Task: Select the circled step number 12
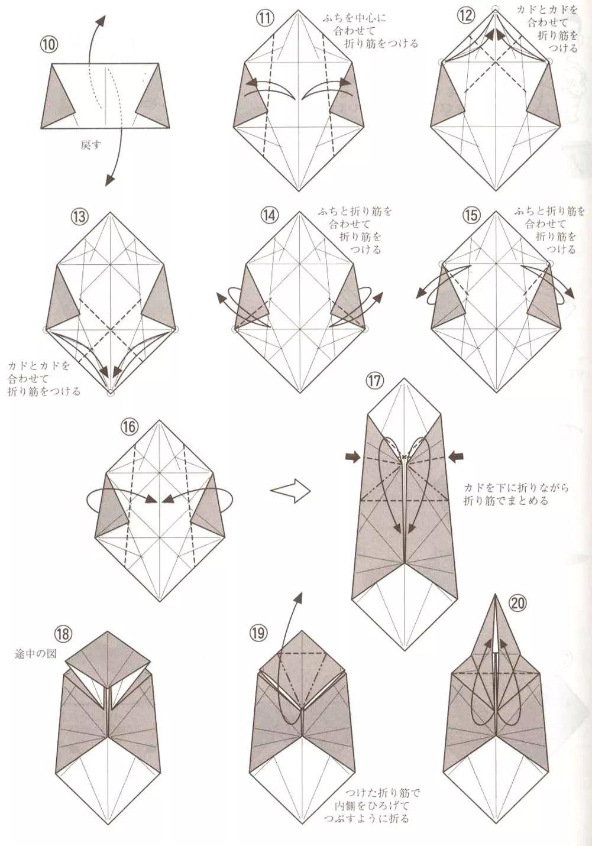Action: (465, 15)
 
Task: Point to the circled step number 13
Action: (79, 216)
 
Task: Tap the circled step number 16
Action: (128, 426)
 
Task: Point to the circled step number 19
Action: (258, 633)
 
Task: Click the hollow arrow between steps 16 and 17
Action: (290, 491)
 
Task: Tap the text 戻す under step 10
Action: (90, 144)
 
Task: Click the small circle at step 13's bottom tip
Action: (110, 392)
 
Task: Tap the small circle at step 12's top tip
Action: (496, 8)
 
